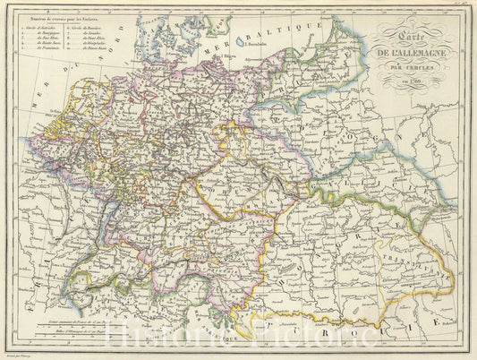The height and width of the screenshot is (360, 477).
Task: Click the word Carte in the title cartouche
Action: click(x=414, y=44)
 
